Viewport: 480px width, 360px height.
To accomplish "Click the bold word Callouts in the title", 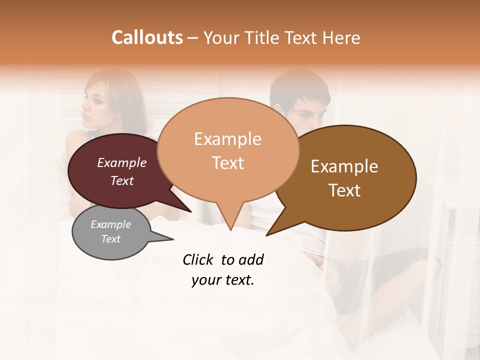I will coord(147,37).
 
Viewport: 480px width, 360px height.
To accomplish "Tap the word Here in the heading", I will coord(341,37).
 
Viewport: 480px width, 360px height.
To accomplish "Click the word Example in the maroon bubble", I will coord(121,163).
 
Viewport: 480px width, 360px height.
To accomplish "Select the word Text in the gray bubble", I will coord(111,239).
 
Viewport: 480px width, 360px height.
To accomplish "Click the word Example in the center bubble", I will coord(227,139).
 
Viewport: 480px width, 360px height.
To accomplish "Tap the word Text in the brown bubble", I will coord(344,190).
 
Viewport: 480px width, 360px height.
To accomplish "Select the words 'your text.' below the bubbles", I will coord(222,280).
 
